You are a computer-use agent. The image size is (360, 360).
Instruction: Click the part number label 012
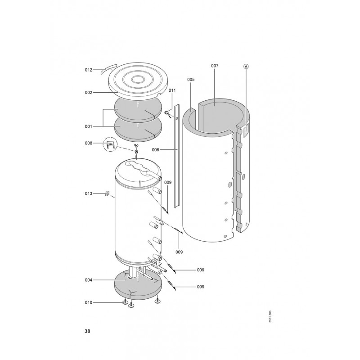(x=88, y=70)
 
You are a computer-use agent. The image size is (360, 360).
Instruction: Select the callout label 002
(x=88, y=93)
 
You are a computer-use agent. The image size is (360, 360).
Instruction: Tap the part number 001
(x=88, y=126)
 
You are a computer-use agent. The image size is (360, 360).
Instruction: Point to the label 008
(x=88, y=143)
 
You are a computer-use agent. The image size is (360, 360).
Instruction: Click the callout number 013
(x=88, y=193)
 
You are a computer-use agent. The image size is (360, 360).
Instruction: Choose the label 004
(x=88, y=280)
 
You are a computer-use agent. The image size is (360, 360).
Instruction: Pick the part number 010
(x=88, y=302)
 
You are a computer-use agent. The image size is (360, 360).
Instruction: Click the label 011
(x=172, y=90)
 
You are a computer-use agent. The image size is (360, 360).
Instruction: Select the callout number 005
(x=191, y=80)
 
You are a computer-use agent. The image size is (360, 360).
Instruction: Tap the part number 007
(x=215, y=66)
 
